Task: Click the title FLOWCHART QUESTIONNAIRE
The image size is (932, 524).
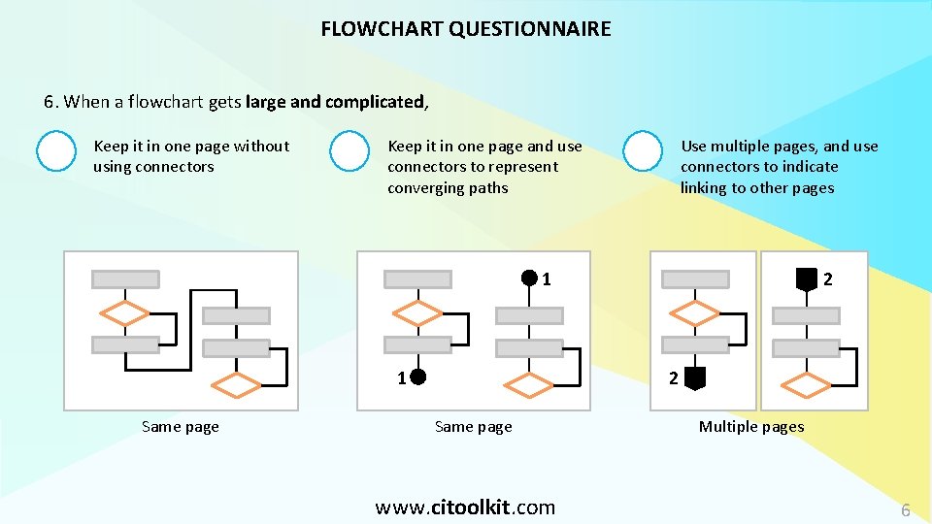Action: [466, 29]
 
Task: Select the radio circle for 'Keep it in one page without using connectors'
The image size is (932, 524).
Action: [55, 151]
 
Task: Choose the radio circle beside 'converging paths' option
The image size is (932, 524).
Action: [349, 151]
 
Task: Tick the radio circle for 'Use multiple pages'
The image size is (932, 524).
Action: [643, 151]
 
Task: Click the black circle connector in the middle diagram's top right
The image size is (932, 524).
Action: [529, 278]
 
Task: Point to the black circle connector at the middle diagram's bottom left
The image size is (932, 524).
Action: [417, 377]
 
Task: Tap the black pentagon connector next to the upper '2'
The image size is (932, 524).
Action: [806, 279]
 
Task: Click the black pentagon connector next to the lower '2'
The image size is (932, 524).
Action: [693, 378]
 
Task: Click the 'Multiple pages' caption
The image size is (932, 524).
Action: [751, 427]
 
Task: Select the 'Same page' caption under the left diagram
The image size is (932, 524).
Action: [181, 427]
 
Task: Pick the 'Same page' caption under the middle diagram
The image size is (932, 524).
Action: [474, 427]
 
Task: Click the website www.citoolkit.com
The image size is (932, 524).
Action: [465, 507]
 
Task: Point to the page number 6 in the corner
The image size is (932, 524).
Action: [905, 510]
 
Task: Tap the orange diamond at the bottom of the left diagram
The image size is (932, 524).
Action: [236, 386]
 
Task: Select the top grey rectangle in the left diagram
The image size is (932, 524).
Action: [125, 279]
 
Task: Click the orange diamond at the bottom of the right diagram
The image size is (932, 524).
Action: [806, 386]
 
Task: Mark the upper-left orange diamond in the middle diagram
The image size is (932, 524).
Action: [418, 312]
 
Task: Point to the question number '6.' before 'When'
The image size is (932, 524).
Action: [51, 102]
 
